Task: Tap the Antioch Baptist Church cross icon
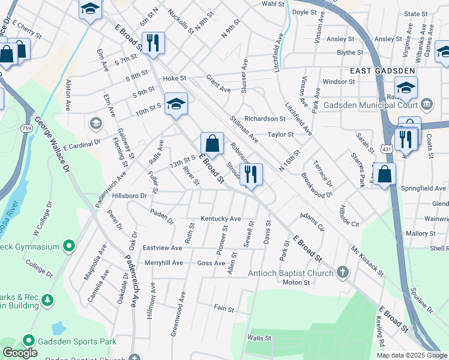343,272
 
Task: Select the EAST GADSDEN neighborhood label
382,71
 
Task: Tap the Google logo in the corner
20,353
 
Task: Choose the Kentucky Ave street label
220,219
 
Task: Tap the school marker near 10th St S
176,104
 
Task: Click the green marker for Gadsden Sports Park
28,341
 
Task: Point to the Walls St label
259,338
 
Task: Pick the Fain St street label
224,308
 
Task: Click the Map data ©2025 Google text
411,355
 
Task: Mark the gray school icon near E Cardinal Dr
95,124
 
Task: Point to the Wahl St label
273,3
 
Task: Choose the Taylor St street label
280,135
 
